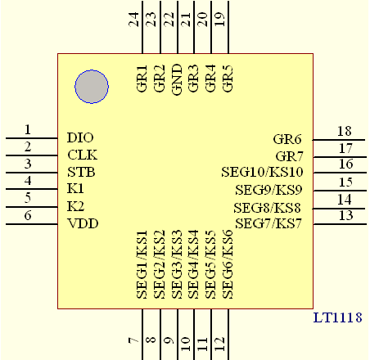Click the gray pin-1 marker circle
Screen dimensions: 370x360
pos(92,87)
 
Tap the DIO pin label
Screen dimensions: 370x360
pos(80,137)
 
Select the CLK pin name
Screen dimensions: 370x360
pos(82,155)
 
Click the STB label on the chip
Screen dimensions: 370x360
pos(81,172)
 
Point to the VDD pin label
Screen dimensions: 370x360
pos(83,223)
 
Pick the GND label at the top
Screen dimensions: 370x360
pos(177,79)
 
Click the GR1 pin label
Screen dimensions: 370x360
pos(142,79)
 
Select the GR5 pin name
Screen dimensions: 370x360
pos(228,79)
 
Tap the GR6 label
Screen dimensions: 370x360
pos(287,139)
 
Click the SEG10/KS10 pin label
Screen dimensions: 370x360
pos(262,172)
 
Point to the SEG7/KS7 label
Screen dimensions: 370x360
pos(268,223)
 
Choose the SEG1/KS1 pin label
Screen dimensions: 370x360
pos(142,264)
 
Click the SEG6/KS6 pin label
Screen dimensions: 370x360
pos(228,264)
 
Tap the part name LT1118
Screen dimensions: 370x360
pos(337,317)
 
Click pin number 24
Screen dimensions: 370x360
pos(133,20)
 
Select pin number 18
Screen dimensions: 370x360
pos(345,131)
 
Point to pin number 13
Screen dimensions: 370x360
pos(346,215)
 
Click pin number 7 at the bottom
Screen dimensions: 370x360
pos(133,340)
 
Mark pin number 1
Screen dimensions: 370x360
pos(28,129)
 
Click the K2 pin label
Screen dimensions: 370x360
pos(75,206)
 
